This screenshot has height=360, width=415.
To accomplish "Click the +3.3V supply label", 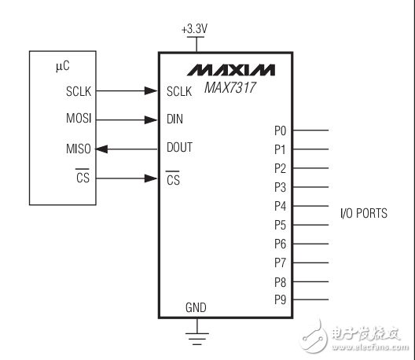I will [x=193, y=30].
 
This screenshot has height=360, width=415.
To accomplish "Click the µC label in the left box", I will [x=63, y=68].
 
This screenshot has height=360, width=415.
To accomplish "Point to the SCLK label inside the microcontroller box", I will [x=78, y=91].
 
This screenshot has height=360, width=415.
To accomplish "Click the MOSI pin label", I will [x=79, y=120].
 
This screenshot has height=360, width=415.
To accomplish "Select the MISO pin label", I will [x=79, y=149].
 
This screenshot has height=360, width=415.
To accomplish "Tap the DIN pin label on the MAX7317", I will [x=174, y=120].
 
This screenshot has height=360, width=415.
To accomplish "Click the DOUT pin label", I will [x=180, y=148].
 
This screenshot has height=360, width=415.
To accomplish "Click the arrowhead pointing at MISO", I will [x=104, y=149].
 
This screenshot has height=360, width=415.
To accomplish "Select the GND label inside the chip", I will [x=195, y=307].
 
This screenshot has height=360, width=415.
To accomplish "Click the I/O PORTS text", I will [x=362, y=214].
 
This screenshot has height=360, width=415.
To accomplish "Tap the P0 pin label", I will [x=281, y=130].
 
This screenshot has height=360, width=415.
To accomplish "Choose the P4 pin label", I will [x=281, y=206].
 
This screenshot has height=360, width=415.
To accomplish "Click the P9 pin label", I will [x=281, y=299].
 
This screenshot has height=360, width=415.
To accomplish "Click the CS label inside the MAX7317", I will [x=174, y=179].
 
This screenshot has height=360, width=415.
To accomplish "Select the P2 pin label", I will [x=281, y=168].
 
